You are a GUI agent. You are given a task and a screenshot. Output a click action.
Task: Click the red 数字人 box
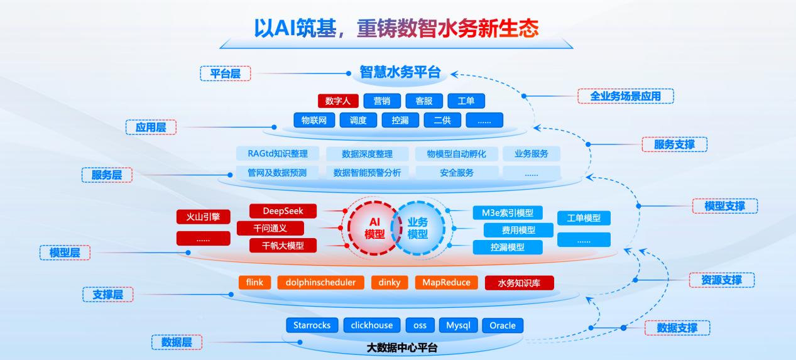(x=338, y=101)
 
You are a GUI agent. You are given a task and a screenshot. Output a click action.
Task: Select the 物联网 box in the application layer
(x=313, y=120)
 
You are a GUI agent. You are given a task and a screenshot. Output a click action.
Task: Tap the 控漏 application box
(x=400, y=120)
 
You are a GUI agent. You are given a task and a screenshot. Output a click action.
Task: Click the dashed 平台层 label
(x=226, y=74)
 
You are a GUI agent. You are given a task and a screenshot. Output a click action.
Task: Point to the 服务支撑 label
(x=675, y=145)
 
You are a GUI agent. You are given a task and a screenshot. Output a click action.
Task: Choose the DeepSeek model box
(x=283, y=211)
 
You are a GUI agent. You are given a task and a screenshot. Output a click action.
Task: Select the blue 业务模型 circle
(x=418, y=227)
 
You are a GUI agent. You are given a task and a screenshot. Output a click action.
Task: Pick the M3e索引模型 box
(x=508, y=213)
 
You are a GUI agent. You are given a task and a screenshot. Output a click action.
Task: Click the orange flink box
(x=254, y=282)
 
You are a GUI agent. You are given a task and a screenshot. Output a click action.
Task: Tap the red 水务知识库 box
(x=519, y=283)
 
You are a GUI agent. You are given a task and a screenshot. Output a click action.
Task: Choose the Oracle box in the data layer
(x=503, y=325)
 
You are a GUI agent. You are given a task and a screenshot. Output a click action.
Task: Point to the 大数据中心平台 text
(x=402, y=347)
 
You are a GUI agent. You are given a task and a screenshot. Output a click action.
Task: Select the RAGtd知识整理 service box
(x=277, y=153)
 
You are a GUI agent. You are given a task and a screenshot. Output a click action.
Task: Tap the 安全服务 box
(x=457, y=172)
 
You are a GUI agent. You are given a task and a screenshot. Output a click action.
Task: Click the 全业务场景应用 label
(x=625, y=96)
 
